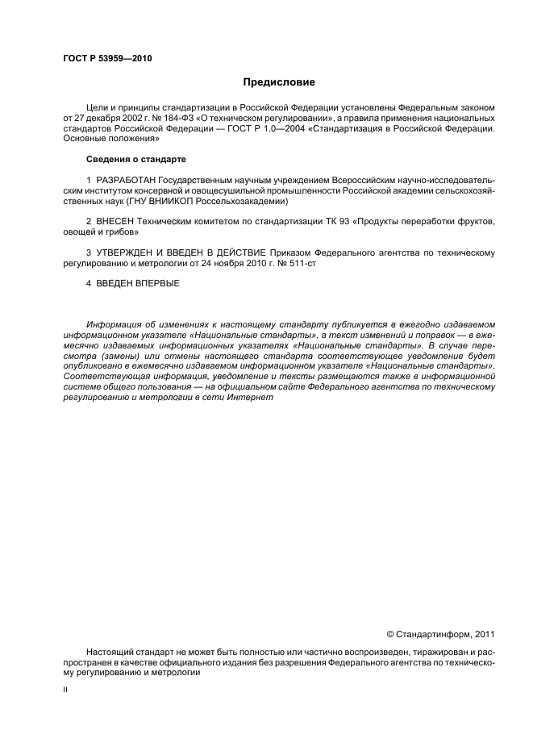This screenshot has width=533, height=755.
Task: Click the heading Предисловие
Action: point(279,82)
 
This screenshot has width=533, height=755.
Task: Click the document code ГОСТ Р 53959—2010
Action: point(106,59)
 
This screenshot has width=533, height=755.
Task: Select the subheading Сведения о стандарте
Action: point(136,158)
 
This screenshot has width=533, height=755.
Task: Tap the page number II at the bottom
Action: point(65,690)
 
